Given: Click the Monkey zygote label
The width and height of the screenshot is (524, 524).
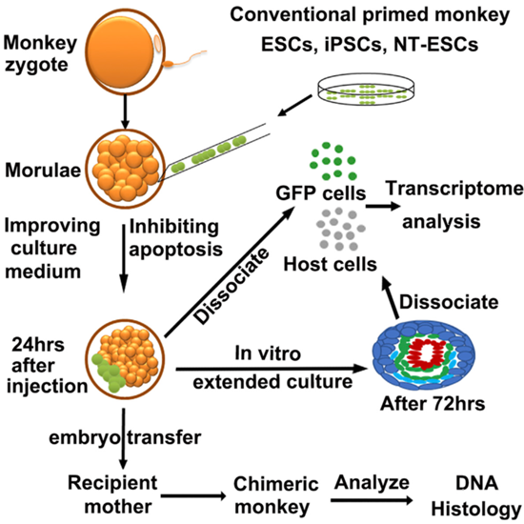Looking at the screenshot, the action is [40, 54].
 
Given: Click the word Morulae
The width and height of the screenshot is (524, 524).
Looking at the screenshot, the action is [43, 171].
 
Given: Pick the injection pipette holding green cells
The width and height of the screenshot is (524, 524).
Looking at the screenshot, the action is [213, 152].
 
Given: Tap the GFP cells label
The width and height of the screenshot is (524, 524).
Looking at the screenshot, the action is [321, 193].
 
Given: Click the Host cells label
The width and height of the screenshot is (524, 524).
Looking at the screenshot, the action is [331, 264].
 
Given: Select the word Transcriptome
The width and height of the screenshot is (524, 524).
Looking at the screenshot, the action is [454, 189].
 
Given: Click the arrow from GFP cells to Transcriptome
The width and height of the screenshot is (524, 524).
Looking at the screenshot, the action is [383, 206].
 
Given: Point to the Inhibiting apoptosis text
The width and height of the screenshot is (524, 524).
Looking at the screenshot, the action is [176, 238].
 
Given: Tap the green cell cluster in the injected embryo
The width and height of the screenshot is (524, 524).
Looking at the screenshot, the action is [108, 373].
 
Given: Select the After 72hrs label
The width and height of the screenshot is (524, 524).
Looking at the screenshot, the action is [433, 404].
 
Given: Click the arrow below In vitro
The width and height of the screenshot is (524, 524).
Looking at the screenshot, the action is [272, 369].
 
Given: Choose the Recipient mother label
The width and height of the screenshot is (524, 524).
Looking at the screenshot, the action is [113, 494].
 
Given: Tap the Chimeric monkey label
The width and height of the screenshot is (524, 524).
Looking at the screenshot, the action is [276, 495].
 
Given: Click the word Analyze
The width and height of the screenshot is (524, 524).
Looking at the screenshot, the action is [372, 483].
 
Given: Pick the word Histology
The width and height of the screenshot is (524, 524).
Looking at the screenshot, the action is [476, 510].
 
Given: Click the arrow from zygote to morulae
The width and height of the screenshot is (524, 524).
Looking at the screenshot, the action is [125, 111].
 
